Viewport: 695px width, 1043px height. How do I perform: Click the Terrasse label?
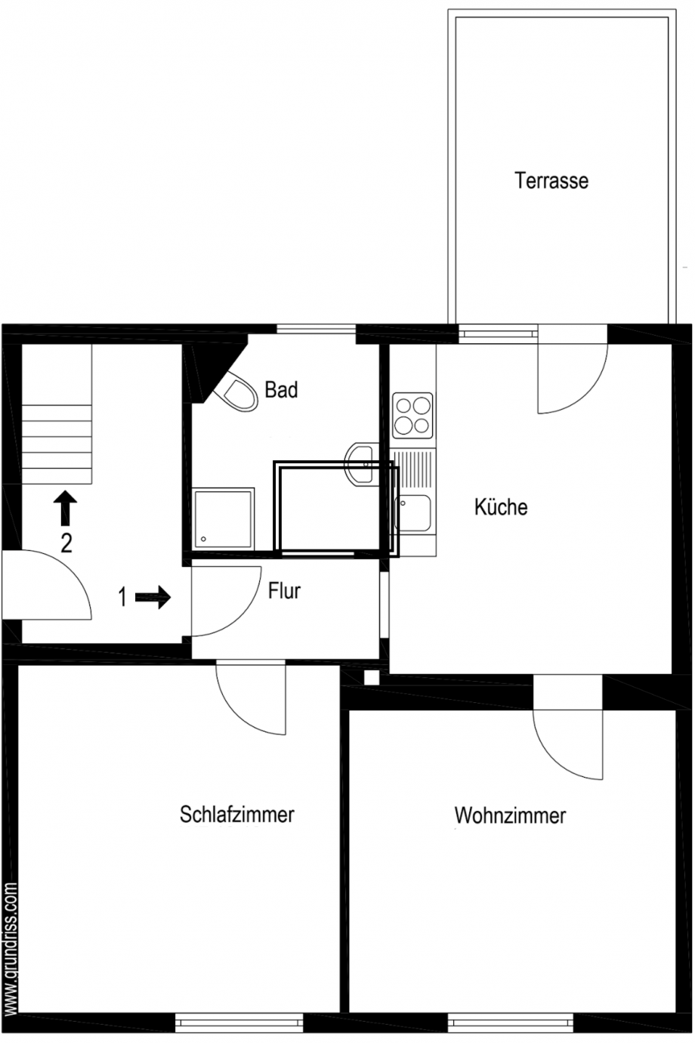click(x=551, y=181)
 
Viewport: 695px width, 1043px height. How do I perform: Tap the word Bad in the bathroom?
click(x=281, y=390)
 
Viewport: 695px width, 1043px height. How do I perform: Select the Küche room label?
click(x=501, y=506)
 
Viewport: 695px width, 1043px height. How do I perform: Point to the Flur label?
click(x=284, y=590)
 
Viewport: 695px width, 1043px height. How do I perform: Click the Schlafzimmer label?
click(x=236, y=814)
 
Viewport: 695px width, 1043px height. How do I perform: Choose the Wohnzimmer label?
click(x=510, y=816)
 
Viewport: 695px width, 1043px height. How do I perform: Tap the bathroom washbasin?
click(x=361, y=462)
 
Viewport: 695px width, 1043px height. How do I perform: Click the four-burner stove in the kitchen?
click(x=413, y=416)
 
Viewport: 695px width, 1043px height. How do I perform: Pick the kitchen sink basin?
click(x=414, y=513)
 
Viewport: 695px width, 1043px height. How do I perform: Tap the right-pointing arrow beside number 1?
click(x=153, y=598)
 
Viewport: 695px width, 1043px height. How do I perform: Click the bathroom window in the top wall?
click(x=316, y=329)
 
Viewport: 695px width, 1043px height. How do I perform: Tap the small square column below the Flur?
click(x=371, y=677)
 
